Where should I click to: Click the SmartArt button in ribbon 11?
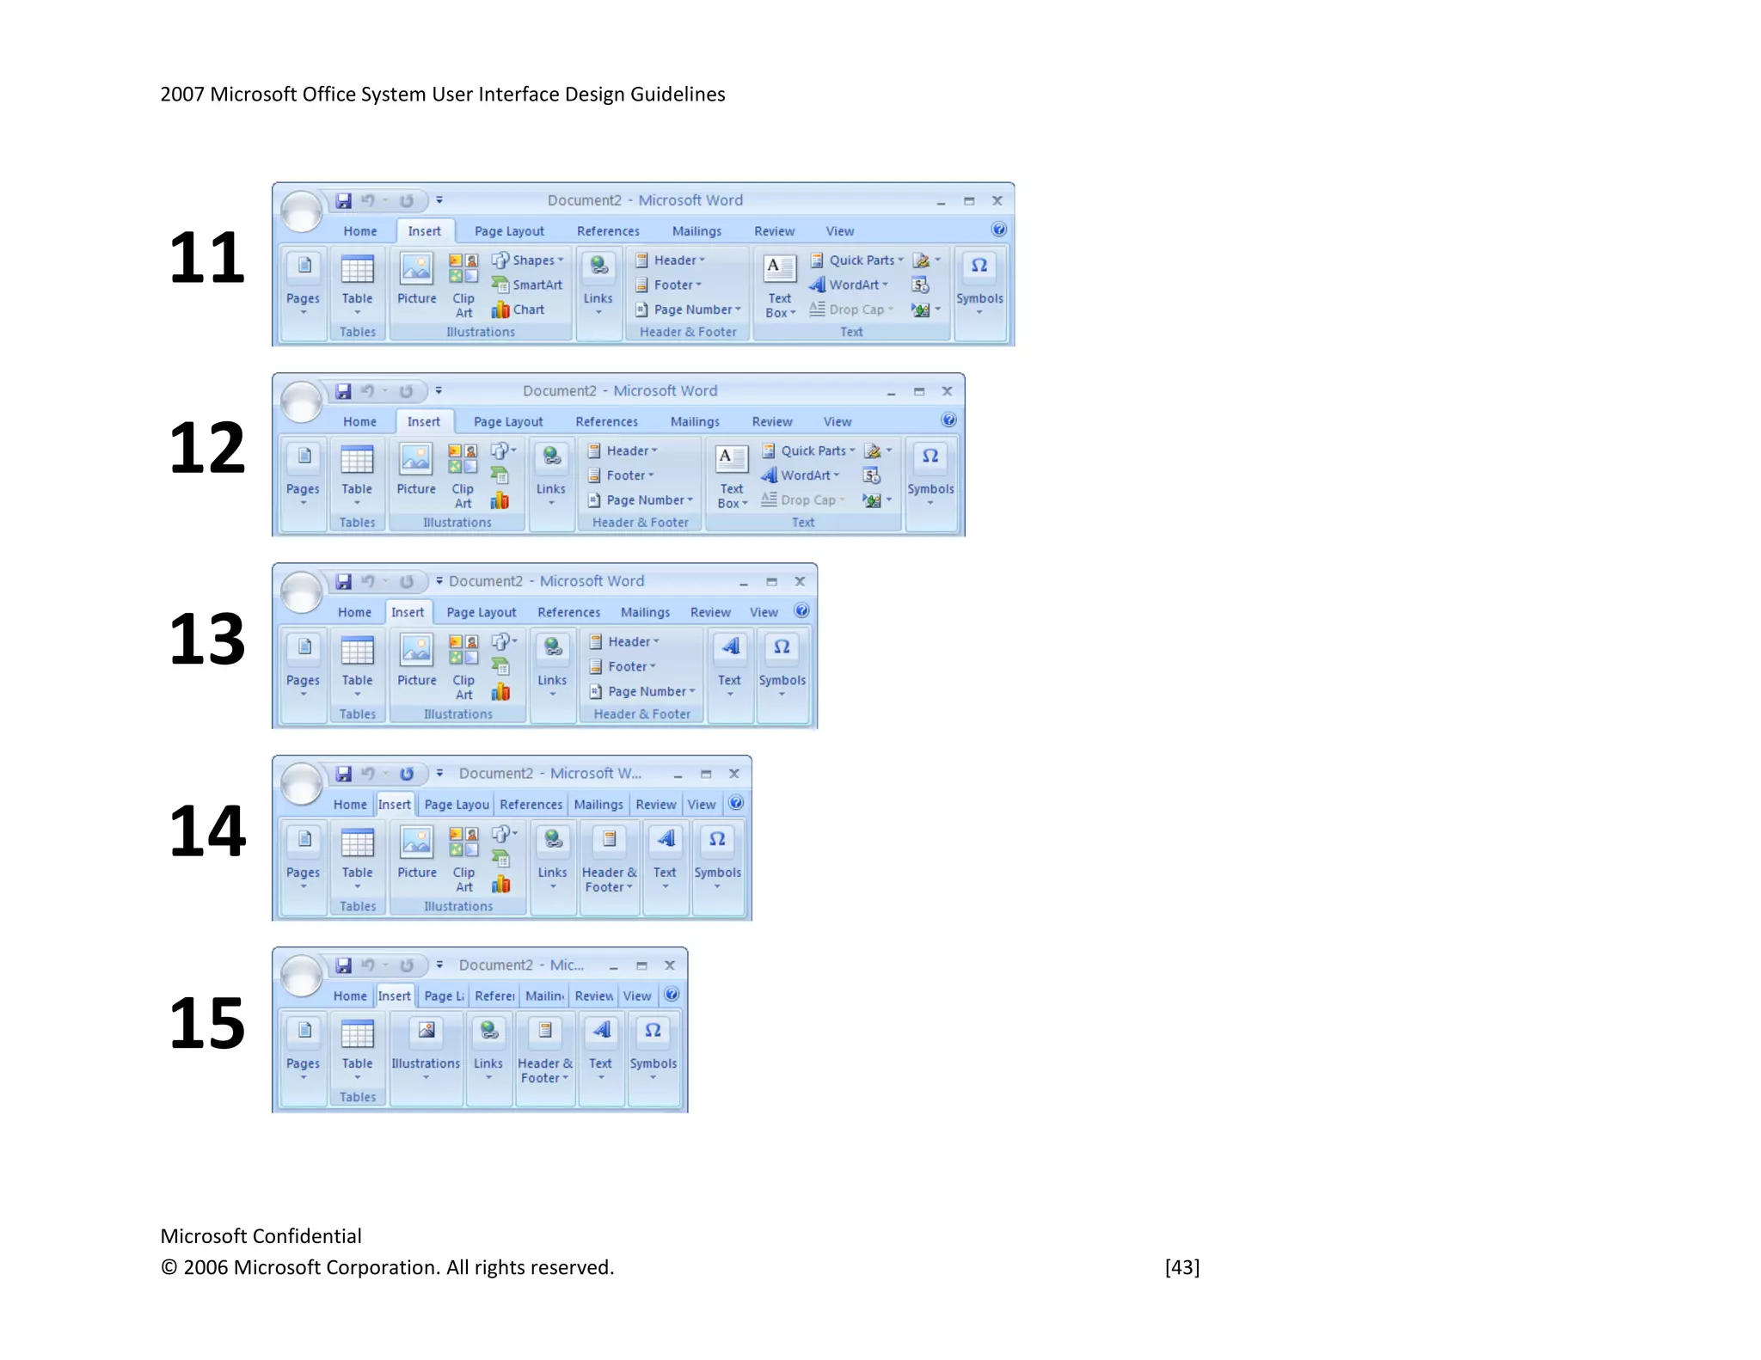click(x=527, y=285)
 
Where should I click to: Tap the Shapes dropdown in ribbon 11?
click(x=528, y=260)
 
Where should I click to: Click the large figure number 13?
click(x=206, y=639)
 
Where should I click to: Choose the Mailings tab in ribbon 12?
click(x=695, y=421)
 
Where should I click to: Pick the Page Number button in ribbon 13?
click(x=641, y=691)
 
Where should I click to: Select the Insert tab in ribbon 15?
click(x=395, y=995)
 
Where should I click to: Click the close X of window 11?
click(x=997, y=200)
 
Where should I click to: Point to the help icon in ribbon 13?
click(x=801, y=610)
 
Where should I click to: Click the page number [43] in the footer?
click(x=1181, y=1267)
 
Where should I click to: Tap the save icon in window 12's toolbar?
click(x=343, y=391)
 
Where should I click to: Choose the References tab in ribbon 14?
click(x=531, y=805)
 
